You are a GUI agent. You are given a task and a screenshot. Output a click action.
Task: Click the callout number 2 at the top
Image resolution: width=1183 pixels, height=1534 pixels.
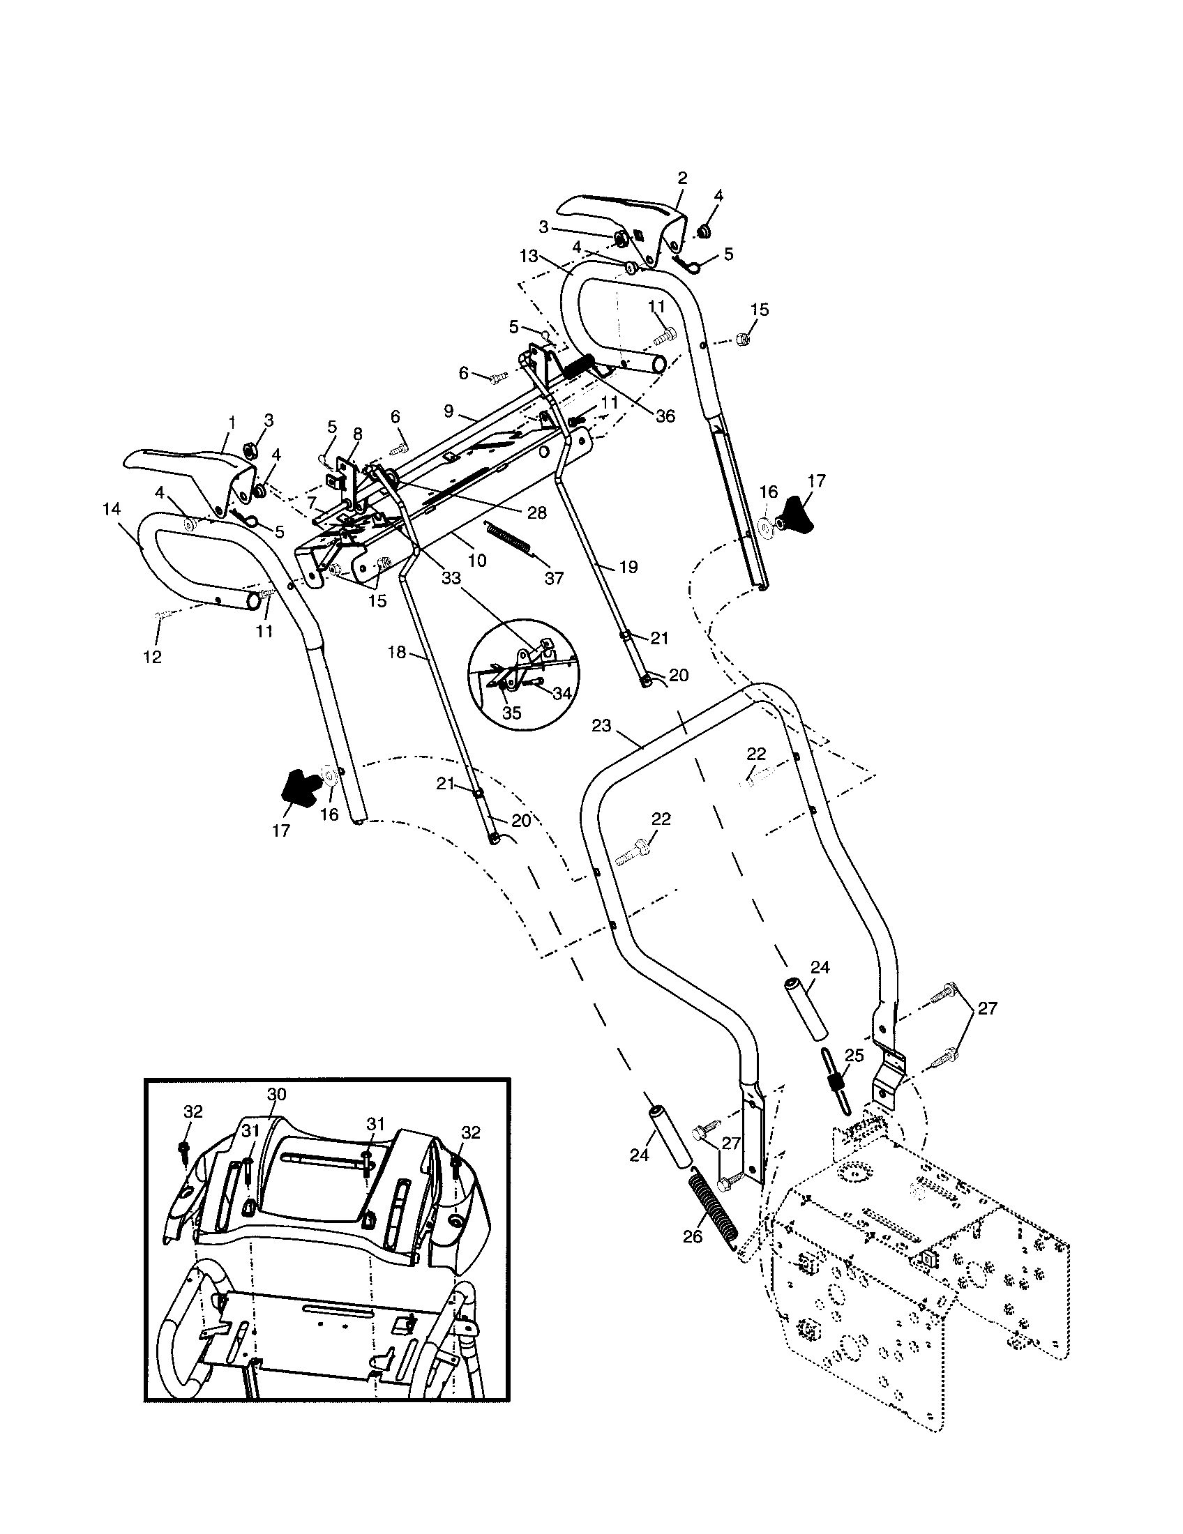pyautogui.click(x=682, y=178)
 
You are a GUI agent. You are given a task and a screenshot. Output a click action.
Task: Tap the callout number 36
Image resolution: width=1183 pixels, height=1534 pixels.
pyautogui.click(x=665, y=416)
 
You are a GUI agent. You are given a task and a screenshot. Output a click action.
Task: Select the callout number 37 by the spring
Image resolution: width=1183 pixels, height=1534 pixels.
pyautogui.click(x=555, y=578)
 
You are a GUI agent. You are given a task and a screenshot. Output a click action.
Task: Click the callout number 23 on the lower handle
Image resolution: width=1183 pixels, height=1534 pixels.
pyautogui.click(x=601, y=726)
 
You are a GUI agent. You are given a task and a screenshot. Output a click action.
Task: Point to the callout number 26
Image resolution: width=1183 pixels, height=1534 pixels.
pyautogui.click(x=693, y=1236)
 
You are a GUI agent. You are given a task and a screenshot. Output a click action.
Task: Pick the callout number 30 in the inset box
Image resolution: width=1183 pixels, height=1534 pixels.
pyautogui.click(x=277, y=1094)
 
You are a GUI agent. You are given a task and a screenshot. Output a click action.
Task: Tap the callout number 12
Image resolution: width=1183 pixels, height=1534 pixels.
pyautogui.click(x=152, y=657)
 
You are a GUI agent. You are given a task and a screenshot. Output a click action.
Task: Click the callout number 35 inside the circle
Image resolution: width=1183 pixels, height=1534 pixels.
pyautogui.click(x=512, y=712)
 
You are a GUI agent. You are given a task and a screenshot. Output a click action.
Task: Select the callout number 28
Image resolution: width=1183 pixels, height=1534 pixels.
pyautogui.click(x=536, y=513)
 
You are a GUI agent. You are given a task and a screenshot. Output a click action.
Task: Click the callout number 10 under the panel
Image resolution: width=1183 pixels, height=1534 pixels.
pyautogui.click(x=476, y=561)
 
